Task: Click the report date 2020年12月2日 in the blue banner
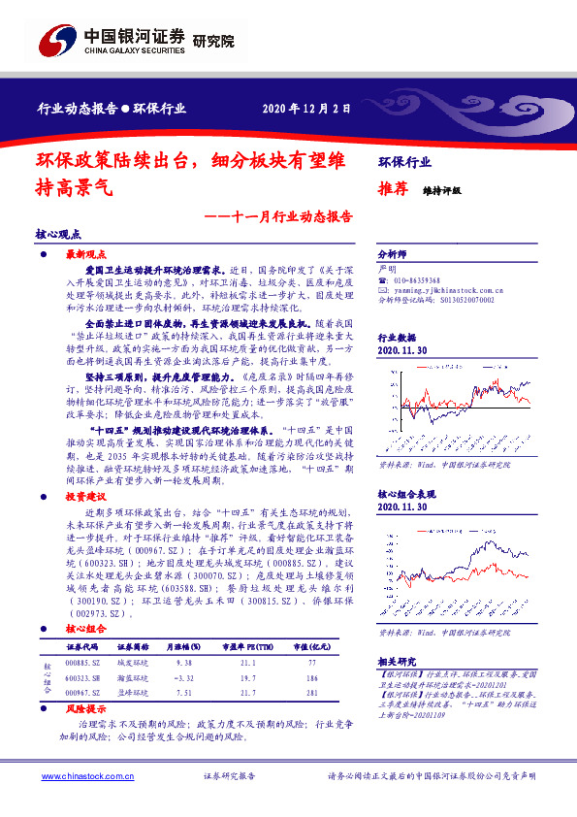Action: [307, 109]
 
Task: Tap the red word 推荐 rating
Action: [391, 191]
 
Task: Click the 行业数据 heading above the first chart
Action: [395, 338]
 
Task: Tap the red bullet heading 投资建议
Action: [83, 495]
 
